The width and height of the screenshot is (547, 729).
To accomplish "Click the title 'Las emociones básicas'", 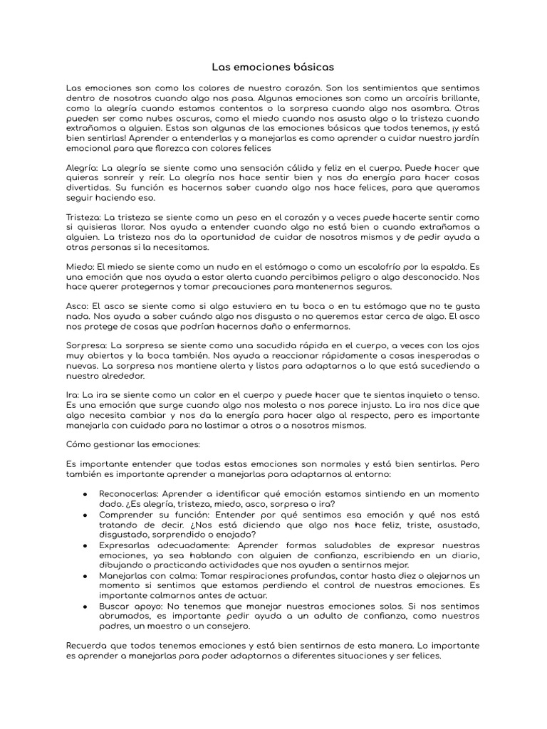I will point(273,67).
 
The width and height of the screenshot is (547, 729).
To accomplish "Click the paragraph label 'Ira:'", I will point(73,395).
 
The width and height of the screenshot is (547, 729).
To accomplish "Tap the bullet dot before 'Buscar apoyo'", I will point(85,606).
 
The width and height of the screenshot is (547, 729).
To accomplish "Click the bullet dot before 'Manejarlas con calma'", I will point(85,575).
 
